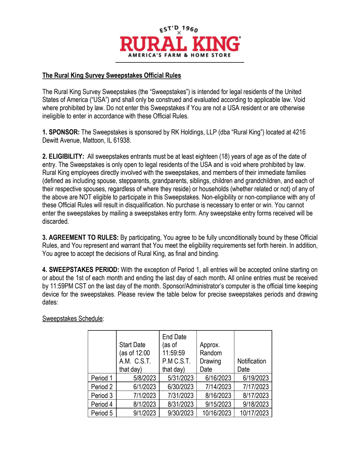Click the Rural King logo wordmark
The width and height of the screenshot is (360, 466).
point(180,44)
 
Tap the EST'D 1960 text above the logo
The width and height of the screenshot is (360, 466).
point(179,29)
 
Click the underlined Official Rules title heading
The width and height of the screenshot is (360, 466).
point(112,75)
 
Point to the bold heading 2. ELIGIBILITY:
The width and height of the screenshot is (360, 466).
point(63,156)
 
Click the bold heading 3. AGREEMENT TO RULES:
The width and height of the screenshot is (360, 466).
point(80,238)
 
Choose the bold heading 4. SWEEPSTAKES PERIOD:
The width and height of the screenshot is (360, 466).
point(81,270)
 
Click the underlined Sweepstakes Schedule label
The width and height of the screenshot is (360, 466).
point(73,319)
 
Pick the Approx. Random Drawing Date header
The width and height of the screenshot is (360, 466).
point(211,357)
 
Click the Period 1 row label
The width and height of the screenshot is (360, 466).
point(102,378)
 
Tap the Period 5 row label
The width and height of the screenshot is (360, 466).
point(102,413)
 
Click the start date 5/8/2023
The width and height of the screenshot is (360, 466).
point(145,378)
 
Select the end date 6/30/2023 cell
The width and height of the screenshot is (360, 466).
point(180,387)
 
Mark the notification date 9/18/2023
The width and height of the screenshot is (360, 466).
point(256,404)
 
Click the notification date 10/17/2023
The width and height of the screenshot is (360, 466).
point(254,413)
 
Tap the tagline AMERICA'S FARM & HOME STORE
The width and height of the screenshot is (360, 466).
point(180,55)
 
